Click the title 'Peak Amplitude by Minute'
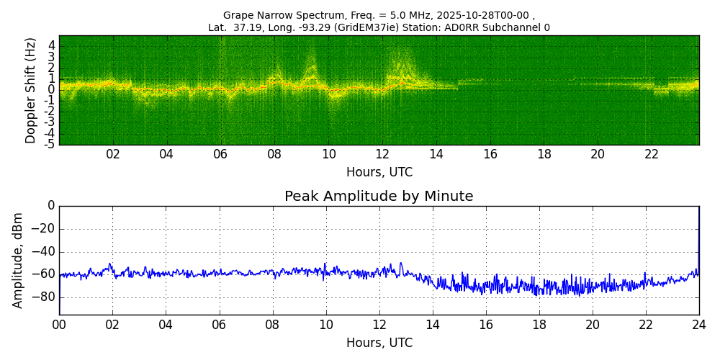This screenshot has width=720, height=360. (379, 197)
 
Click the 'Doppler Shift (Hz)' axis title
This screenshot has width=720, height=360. (31, 90)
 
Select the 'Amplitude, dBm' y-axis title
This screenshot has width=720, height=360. (18, 260)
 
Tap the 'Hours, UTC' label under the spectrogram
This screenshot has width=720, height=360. (379, 173)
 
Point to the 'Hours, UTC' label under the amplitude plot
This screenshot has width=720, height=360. (379, 343)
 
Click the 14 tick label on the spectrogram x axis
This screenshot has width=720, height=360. (436, 154)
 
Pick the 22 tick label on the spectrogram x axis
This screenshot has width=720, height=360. (652, 154)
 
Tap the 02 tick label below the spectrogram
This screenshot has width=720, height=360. (113, 154)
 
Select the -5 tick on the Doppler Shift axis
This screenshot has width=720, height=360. (50, 144)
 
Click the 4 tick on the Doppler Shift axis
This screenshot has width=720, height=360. (52, 45)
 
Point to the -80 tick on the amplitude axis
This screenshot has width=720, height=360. (45, 297)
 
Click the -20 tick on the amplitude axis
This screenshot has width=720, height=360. (45, 229)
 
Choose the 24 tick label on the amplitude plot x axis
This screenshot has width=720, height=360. (699, 325)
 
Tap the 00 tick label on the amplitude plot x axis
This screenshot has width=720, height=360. (59, 325)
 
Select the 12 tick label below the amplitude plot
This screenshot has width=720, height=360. (379, 325)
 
